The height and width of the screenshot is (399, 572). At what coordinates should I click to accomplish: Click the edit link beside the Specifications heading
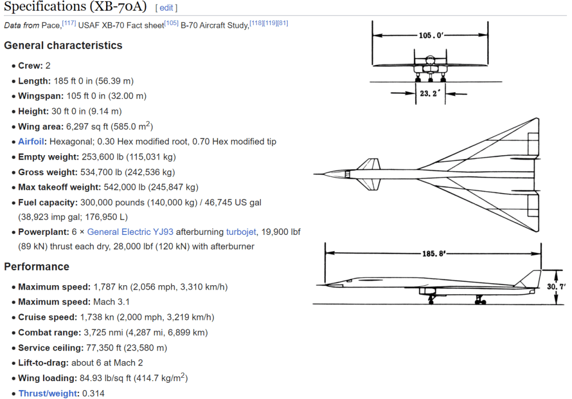pos(166,8)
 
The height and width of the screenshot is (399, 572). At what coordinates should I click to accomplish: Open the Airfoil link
pos(31,141)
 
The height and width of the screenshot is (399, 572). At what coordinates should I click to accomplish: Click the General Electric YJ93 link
pos(130,232)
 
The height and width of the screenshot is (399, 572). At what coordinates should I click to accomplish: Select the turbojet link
pos(241,232)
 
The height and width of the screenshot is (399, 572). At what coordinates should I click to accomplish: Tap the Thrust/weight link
pos(49,393)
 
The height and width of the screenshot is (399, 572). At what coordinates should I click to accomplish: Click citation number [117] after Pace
pos(69,23)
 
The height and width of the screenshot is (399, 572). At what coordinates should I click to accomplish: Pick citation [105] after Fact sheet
pos(171,23)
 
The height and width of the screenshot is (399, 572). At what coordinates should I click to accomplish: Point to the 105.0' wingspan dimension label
pos(431,35)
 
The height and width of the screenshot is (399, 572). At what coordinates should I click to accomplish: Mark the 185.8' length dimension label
pos(433,253)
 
